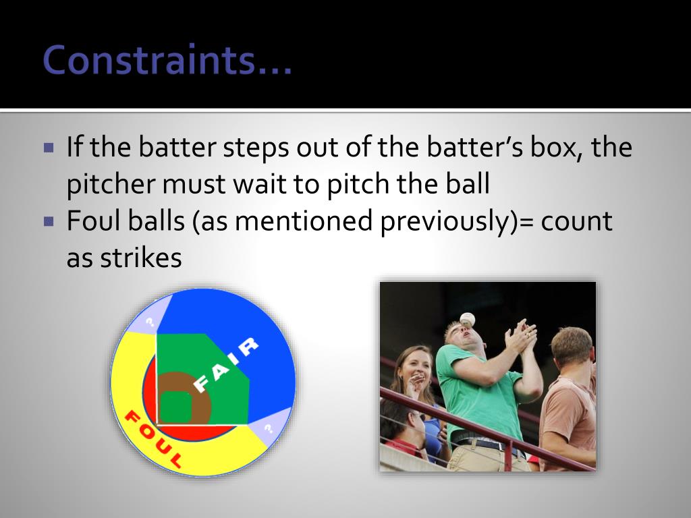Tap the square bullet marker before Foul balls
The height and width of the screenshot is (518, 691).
click(49, 221)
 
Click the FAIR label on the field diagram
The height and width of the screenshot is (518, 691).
click(225, 365)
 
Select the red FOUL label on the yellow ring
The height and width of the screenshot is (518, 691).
click(153, 439)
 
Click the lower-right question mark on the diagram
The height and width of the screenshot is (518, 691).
click(269, 426)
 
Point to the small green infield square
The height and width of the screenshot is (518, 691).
click(175, 406)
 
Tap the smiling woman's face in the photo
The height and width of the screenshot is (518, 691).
click(416, 368)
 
